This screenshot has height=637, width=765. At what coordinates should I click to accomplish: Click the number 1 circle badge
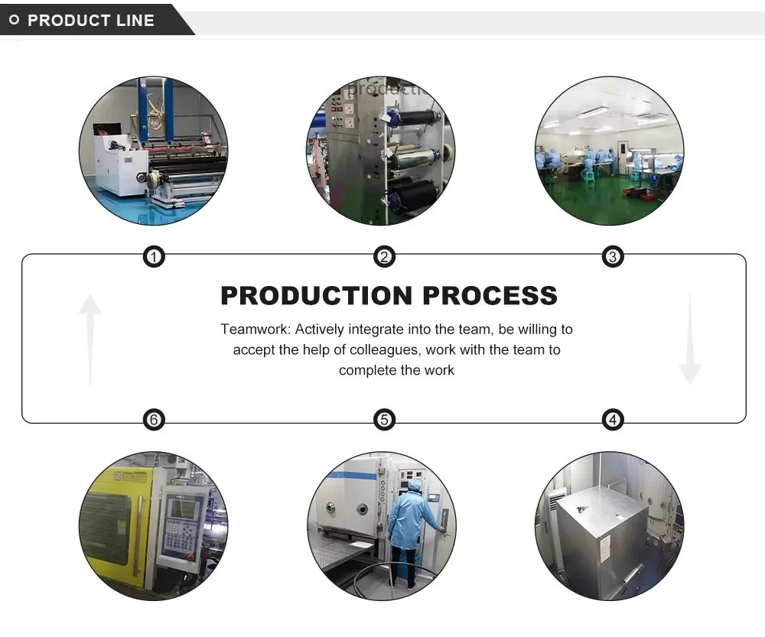coord(155,257)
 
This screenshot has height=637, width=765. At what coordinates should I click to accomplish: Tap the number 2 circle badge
coord(384,257)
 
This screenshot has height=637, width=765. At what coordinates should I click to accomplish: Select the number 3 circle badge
coord(612,257)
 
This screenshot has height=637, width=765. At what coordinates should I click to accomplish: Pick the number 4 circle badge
coord(612,419)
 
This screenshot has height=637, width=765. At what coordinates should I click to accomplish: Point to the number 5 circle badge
coord(384,419)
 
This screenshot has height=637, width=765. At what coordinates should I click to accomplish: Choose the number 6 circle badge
coord(155,419)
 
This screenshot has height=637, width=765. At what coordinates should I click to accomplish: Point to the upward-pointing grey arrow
coord(90,336)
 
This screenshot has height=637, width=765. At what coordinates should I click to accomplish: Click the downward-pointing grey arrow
coord(689,340)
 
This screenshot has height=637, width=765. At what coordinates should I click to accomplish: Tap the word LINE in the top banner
coord(135,21)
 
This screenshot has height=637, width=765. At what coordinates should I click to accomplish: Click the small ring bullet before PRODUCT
coord(14,21)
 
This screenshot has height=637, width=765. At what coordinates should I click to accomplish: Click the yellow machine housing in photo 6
coord(115,520)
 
